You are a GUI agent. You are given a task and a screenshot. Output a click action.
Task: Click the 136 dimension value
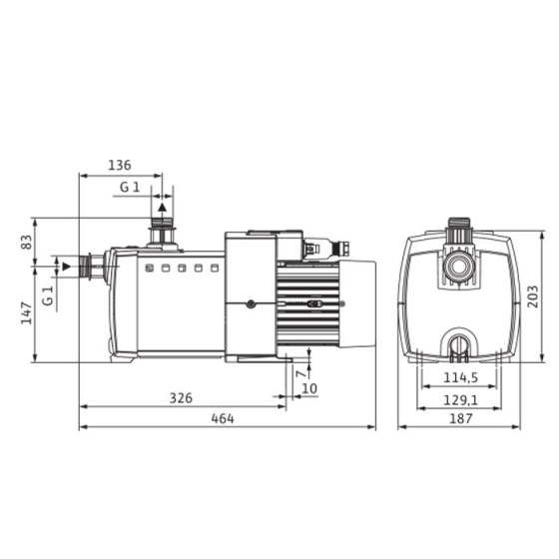click(120, 166)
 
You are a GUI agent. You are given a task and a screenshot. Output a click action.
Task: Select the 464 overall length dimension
click(222, 419)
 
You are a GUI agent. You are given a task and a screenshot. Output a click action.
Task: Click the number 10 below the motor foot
click(308, 387)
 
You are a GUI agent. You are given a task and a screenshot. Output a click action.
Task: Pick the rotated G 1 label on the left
click(47, 295)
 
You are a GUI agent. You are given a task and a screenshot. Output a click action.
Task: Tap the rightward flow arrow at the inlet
click(66, 266)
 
